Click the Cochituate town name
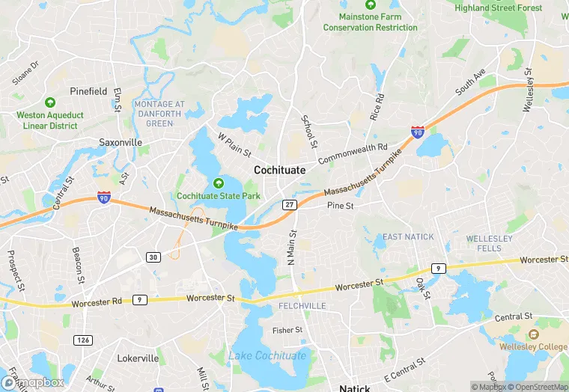tap(279, 170)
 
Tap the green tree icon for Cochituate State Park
tap(219, 183)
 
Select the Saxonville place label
tap(120, 141)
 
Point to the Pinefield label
tap(88, 91)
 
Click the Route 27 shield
tap(289, 204)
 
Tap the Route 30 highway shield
tap(153, 257)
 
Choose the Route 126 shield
tap(83, 340)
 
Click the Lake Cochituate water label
tap(267, 355)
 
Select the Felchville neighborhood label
tap(302, 306)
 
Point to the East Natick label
tap(408, 237)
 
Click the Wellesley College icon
tap(533, 334)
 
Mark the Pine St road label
tap(340, 205)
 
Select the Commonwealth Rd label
tap(353, 154)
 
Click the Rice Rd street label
tap(377, 108)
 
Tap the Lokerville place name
tap(138, 358)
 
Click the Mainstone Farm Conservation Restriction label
tap(370, 22)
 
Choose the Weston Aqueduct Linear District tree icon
tap(50, 102)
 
